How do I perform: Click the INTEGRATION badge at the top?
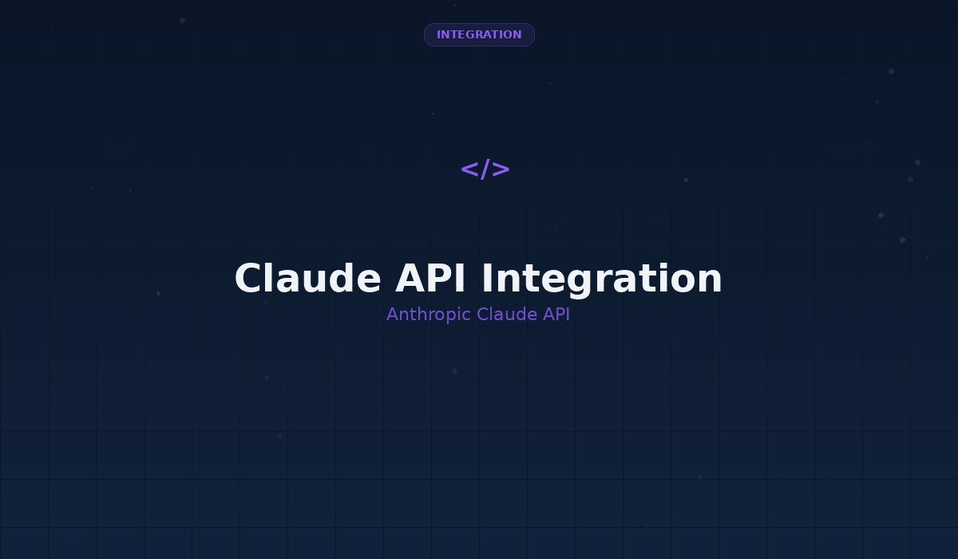(x=479, y=34)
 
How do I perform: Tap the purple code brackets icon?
(x=485, y=169)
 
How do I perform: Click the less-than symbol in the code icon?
(x=469, y=169)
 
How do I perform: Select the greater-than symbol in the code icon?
(x=501, y=169)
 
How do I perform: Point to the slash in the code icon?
(x=485, y=169)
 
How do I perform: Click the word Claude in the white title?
(x=307, y=279)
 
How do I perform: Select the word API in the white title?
(x=432, y=279)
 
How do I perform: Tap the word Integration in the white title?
(x=602, y=279)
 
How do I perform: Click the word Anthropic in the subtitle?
(x=429, y=315)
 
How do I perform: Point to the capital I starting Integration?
(x=488, y=279)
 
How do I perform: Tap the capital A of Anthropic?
(x=392, y=315)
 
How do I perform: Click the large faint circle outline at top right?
(x=846, y=114)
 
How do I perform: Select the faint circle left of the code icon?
(x=398, y=153)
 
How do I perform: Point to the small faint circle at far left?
(x=117, y=129)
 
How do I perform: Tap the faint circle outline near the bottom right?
(x=805, y=472)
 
